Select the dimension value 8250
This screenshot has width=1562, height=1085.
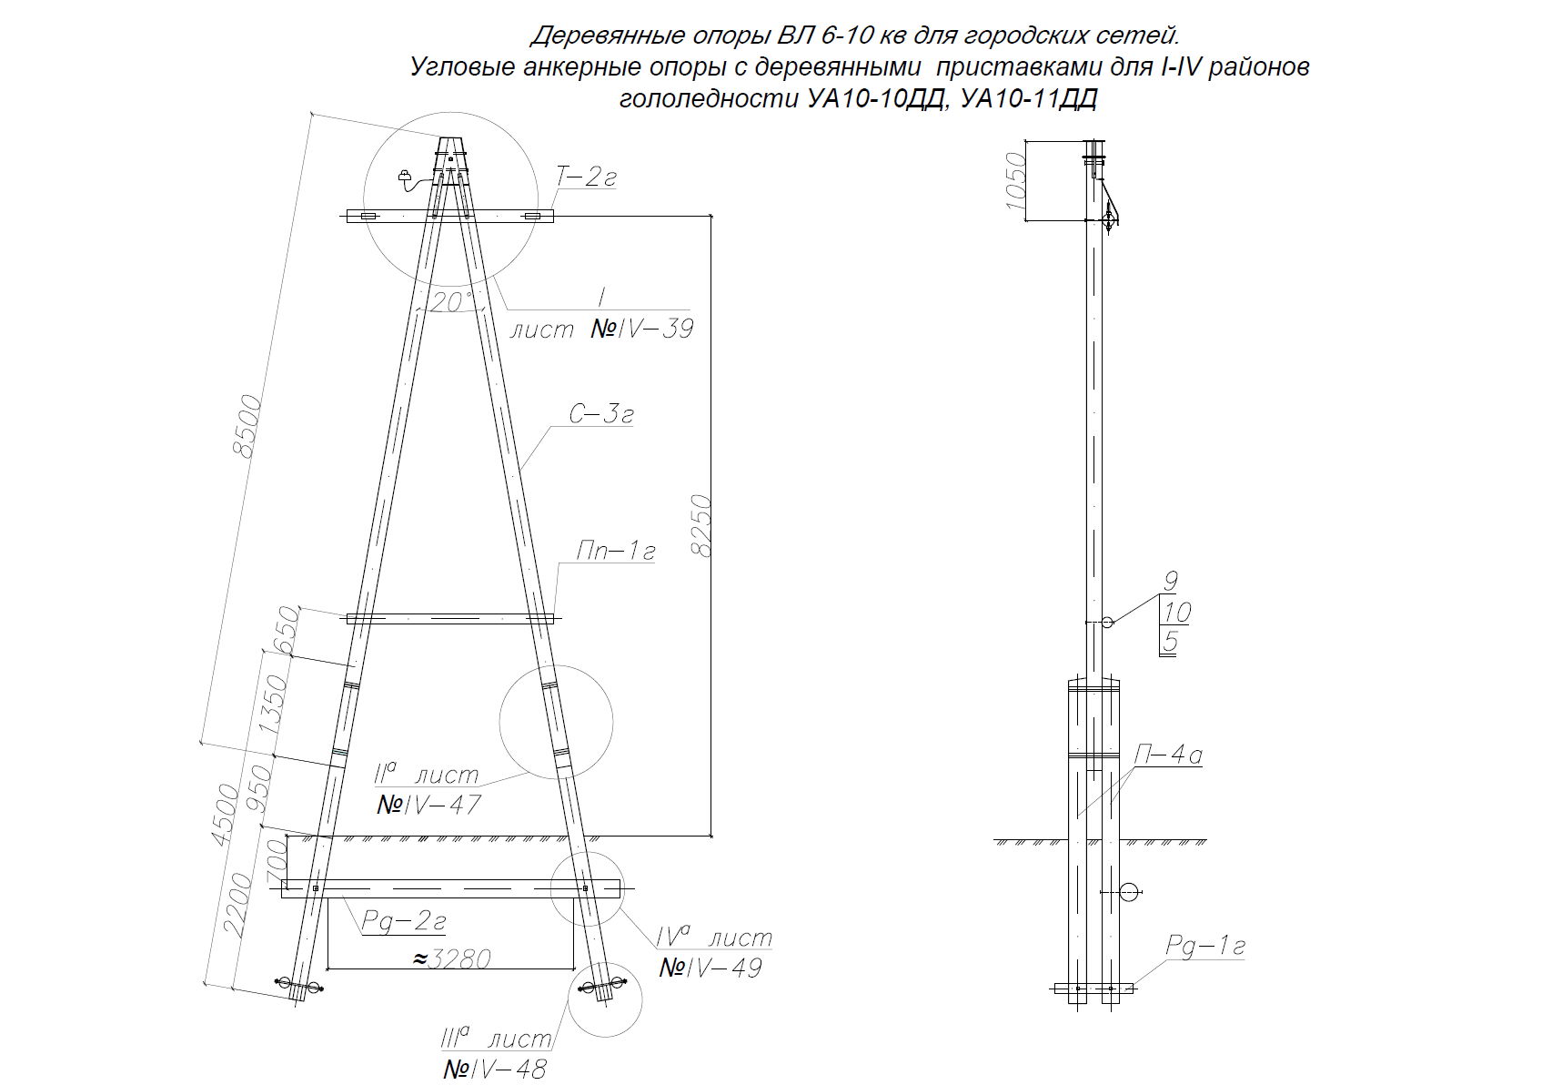[702, 525]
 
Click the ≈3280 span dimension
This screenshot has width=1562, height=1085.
[452, 958]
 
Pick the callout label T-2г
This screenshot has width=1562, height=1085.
[587, 178]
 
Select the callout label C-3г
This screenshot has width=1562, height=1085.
[601, 415]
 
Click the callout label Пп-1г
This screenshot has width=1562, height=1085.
[616, 551]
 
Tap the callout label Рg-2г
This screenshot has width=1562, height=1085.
[404, 922]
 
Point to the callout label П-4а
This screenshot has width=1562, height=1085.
[1169, 755]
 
